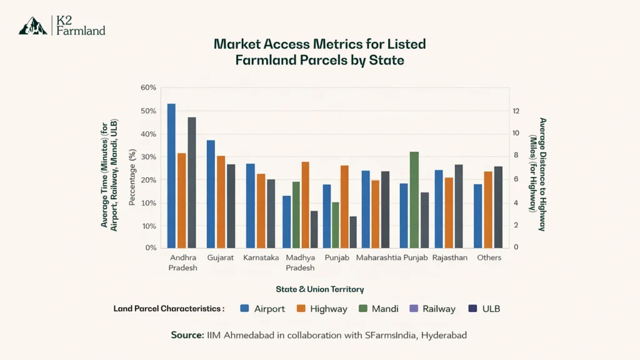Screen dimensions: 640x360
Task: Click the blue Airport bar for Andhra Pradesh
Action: click(x=171, y=176)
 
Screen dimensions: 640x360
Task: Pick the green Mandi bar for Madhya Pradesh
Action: click(x=296, y=215)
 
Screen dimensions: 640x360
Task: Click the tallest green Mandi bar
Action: click(x=414, y=200)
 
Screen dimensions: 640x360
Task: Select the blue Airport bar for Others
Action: click(x=478, y=216)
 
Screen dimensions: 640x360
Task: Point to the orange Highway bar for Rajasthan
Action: click(x=449, y=213)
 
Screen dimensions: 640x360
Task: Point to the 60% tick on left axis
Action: click(x=149, y=87)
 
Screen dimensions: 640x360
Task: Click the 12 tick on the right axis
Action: click(x=516, y=111)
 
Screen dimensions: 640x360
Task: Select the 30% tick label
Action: click(x=149, y=157)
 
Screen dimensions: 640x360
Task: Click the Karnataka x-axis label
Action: click(x=261, y=257)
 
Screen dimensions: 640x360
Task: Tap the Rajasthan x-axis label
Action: click(x=449, y=257)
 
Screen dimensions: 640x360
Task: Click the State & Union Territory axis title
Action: click(x=320, y=289)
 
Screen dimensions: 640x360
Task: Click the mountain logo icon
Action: click(x=33, y=26)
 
